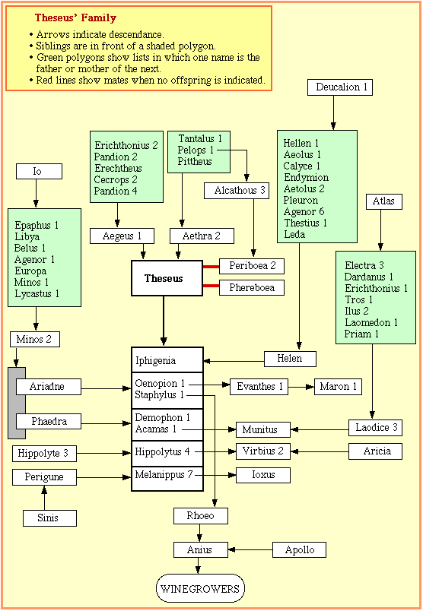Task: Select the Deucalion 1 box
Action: point(340,87)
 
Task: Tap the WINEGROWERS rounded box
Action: point(200,588)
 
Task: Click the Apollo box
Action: point(299,549)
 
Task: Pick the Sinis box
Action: point(49,518)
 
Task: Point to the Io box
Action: point(39,172)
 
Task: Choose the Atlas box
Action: point(384,201)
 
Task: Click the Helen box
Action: point(290,359)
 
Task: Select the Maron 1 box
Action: point(338,387)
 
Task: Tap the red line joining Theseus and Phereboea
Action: point(211,286)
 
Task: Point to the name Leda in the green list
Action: point(294,235)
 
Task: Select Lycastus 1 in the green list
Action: point(37,294)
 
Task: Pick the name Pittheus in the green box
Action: point(195,161)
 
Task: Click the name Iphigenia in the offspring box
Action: point(155,361)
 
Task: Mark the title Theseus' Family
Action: point(75,18)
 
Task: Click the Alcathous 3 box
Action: point(237,191)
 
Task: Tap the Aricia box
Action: point(375,451)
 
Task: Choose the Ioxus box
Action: point(263,475)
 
